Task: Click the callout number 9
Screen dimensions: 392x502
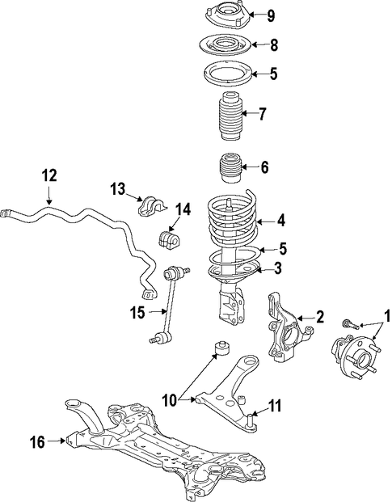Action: (271, 15)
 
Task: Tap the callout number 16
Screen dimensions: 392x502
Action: (37, 442)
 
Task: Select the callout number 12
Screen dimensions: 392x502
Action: (49, 175)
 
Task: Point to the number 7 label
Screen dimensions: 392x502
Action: (262, 114)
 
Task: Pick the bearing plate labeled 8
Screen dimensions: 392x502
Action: (226, 44)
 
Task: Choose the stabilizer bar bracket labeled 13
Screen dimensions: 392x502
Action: (151, 205)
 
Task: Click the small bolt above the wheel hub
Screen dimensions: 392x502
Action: (351, 324)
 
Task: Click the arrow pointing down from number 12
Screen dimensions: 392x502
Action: (49, 195)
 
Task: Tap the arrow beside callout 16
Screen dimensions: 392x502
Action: (57, 441)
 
